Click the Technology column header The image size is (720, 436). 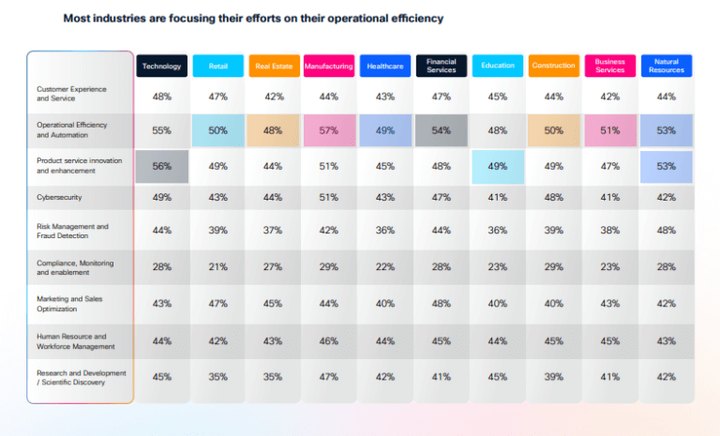161,66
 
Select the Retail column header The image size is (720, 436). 217,66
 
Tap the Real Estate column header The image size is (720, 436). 273,66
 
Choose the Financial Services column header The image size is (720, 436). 442,66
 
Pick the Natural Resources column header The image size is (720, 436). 667,66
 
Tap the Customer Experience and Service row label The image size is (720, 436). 71,93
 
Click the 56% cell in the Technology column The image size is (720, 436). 161,167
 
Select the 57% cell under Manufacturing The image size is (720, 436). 329,130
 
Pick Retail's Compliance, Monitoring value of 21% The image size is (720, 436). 217,266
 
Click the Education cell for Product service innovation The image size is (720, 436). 498,167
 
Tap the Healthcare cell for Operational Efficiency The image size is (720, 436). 385,130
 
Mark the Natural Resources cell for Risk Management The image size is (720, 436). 667,231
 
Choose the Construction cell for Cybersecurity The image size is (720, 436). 554,198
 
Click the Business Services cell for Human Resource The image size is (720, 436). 610,340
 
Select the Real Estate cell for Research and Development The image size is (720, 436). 273,377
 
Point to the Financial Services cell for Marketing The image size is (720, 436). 442,304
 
